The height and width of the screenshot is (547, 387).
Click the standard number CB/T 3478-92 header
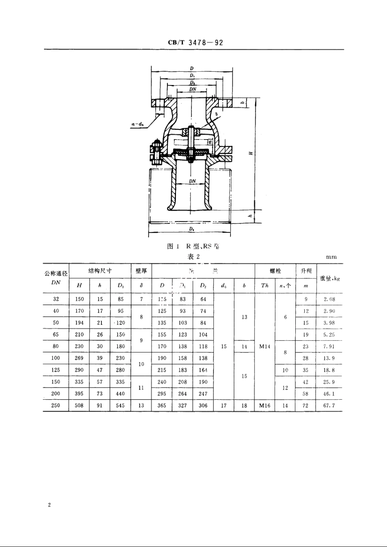click(195, 43)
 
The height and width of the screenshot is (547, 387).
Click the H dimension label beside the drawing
click(251, 153)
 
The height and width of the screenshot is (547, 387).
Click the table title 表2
click(193, 256)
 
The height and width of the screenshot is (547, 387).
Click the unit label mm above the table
click(332, 257)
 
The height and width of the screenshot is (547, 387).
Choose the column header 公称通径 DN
click(56, 278)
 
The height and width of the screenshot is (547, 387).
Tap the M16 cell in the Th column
click(265, 405)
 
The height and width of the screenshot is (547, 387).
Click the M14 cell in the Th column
click(265, 347)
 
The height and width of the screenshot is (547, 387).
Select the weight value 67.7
click(330, 405)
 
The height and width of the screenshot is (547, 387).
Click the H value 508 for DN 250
click(79, 405)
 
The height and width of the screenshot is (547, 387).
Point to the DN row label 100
click(56, 358)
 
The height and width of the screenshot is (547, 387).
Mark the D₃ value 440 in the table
click(121, 394)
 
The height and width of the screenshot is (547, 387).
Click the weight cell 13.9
click(330, 358)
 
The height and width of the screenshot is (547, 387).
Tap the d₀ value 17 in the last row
click(224, 405)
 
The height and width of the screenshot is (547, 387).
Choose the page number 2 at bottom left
click(49, 505)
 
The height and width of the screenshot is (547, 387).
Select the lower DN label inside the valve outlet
click(192, 181)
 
